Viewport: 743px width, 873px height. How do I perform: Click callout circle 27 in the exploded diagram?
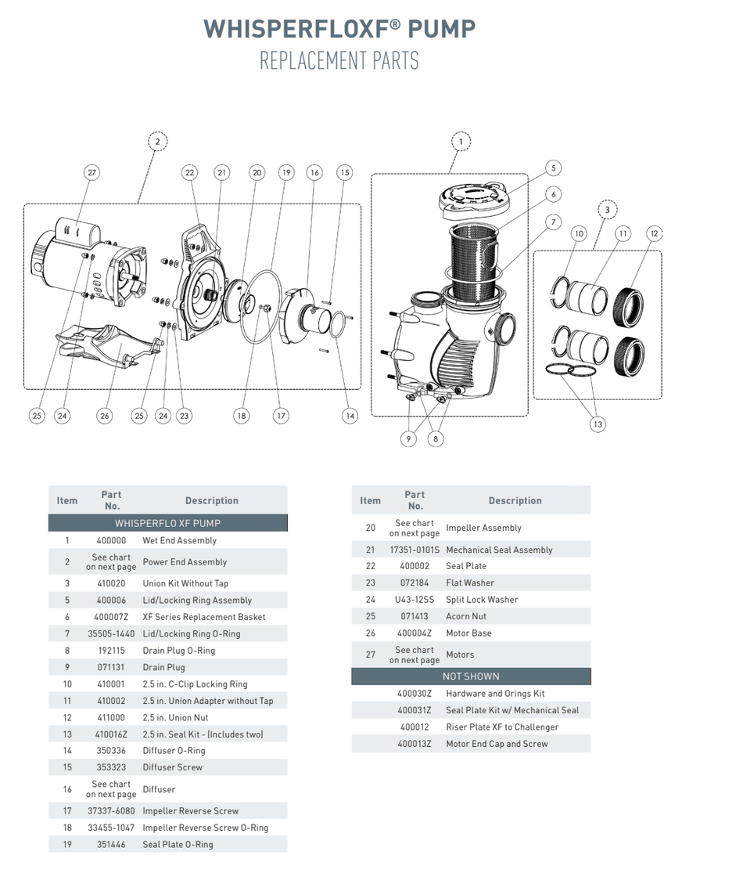point(92,172)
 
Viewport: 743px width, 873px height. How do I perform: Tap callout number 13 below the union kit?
point(598,424)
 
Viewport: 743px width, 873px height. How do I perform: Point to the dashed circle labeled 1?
point(461,142)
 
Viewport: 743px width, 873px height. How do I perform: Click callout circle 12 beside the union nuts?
point(655,233)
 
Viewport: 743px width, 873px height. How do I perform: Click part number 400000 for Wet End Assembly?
point(111,540)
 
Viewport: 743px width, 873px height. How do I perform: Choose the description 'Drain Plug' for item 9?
point(163,667)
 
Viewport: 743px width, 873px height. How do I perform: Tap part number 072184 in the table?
point(414,583)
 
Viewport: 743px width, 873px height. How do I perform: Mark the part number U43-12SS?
point(414,600)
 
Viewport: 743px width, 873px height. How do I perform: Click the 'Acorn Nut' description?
point(466,616)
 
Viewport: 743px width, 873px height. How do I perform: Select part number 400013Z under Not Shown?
point(414,744)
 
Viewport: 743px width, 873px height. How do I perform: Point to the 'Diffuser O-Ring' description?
point(174,750)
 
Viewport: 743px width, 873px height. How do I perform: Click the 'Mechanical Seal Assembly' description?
point(499,550)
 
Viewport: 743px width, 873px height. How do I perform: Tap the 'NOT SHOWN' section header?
point(470,676)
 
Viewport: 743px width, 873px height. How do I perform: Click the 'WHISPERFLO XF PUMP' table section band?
point(167,523)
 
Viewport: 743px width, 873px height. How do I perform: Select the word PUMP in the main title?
point(441,29)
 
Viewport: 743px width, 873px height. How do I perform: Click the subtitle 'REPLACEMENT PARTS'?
point(339,61)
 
